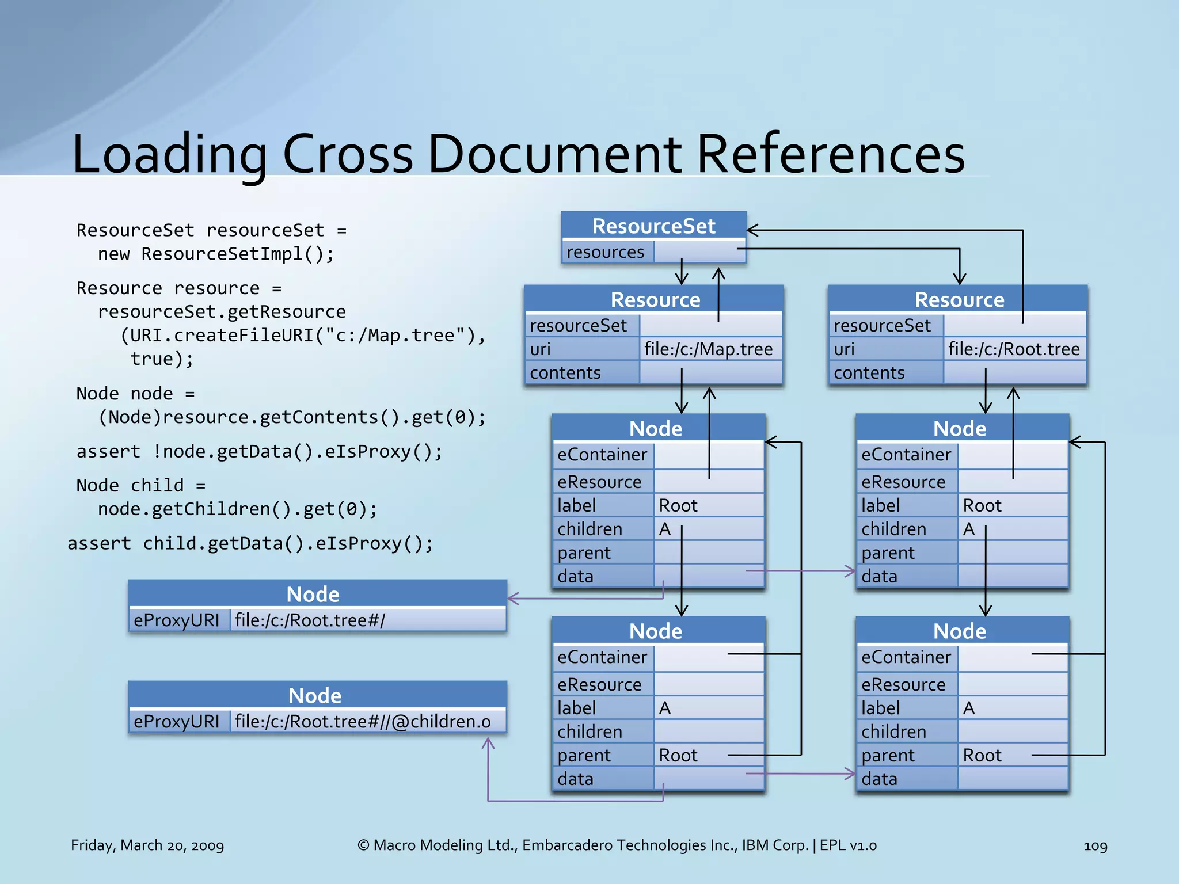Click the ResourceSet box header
pos(653,226)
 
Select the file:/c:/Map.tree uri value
pos(708,349)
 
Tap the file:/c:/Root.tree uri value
pos(1013,349)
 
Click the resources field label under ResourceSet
pos(605,252)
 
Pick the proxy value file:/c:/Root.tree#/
pos(310,620)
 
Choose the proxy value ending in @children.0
pos(363,721)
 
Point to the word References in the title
pos(831,154)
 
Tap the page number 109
pos(1095,845)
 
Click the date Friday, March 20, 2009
pos(147,845)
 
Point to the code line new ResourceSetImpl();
pos(216,254)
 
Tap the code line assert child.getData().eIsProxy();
pos(250,543)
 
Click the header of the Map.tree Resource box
pos(655,300)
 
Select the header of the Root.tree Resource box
pos(959,300)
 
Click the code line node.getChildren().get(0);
pos(238,509)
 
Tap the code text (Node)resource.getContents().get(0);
pos(292,417)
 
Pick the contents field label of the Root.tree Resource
pos(869,373)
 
